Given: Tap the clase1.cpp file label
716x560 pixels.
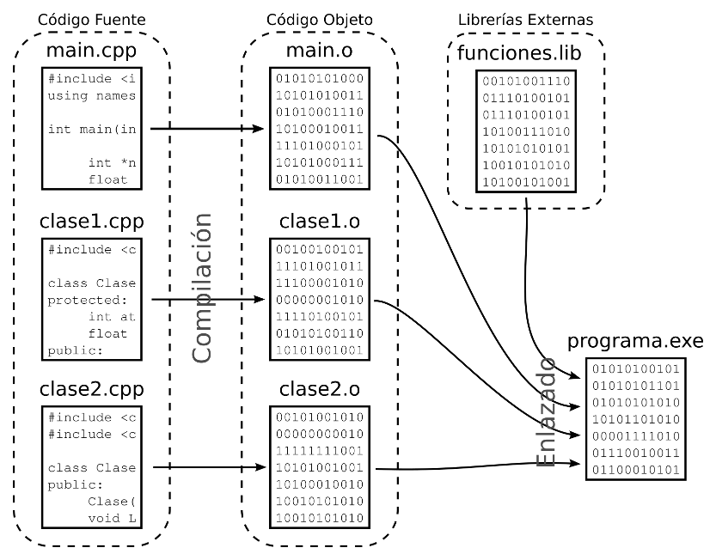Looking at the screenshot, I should point(91,221).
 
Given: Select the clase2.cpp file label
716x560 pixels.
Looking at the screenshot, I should point(91,390).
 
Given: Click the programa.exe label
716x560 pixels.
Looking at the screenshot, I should point(635,343).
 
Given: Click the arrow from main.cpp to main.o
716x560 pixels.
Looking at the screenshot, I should point(206,130).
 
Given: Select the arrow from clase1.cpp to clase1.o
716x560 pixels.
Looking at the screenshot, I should point(206,300).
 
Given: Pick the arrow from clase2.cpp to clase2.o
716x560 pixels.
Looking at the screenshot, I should point(206,468).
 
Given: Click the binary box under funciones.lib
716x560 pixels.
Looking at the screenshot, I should point(526,131).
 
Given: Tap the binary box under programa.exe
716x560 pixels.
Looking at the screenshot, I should point(635,418).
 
